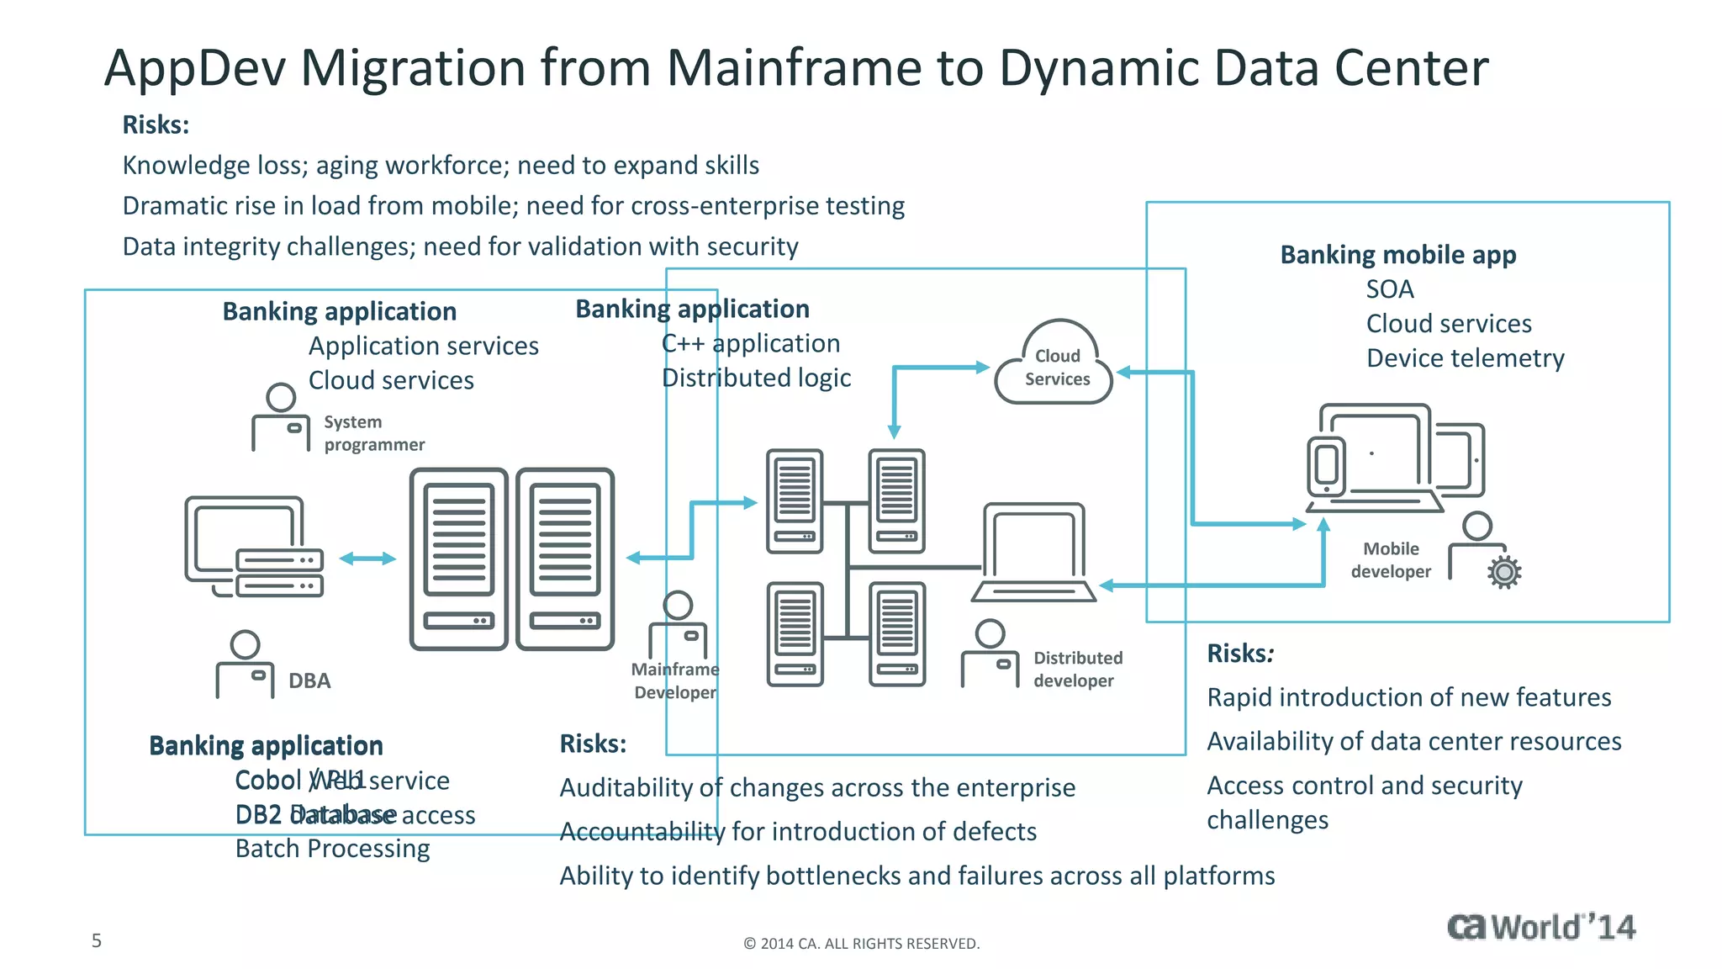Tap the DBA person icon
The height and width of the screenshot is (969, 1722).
pos(245,665)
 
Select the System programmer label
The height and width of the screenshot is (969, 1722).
pos(373,433)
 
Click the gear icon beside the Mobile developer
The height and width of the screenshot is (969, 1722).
pos(1504,572)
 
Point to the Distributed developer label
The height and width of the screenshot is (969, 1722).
pos(1077,670)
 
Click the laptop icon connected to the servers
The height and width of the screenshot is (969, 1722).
pos(1034,553)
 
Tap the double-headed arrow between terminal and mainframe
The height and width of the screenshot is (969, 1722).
pos(367,559)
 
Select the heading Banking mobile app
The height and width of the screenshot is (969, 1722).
pos(1397,254)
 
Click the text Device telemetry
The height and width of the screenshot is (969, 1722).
pos(1465,358)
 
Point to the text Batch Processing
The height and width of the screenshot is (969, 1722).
pos(332,849)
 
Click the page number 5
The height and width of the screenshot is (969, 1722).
pos(97,940)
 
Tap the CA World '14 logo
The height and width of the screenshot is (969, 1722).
pos(1540,927)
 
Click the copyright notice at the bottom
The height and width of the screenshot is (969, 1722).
pos(861,944)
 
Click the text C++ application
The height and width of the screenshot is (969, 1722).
pos(750,343)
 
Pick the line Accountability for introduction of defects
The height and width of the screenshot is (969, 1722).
pos(798,832)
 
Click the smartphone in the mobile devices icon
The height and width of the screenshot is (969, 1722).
pos(1326,465)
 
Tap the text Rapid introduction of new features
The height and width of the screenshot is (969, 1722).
pos(1408,697)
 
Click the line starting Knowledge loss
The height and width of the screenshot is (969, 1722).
pos(441,165)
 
